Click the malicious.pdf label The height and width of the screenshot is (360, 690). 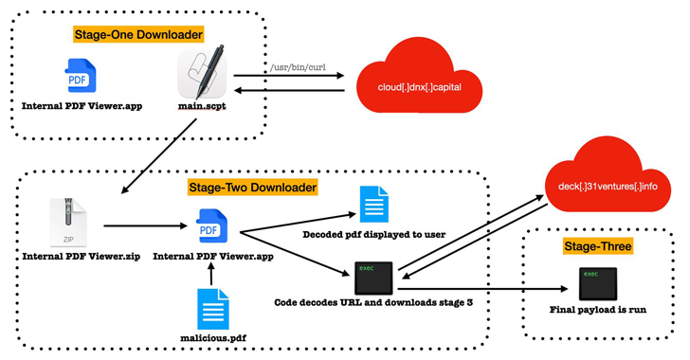point(209,336)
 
